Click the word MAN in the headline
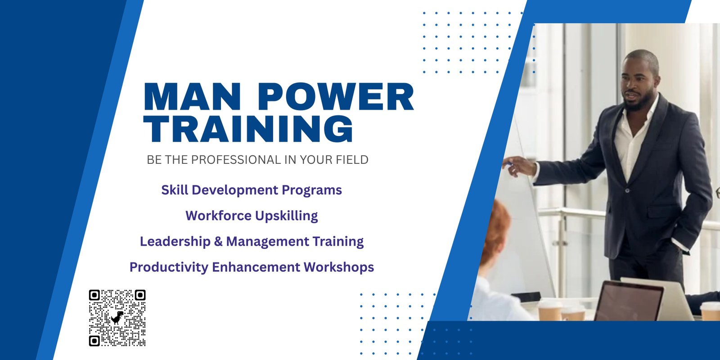coord(192,97)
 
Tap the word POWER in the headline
coord(336,97)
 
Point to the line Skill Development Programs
coord(252,190)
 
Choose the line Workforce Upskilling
coord(252,216)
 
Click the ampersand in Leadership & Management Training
coord(218,241)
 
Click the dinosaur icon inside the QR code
coord(117,317)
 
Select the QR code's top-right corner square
coord(140,295)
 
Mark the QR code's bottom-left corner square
coord(94,341)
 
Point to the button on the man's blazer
coord(627,191)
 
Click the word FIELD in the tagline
coord(352,160)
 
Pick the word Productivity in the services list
coord(169,267)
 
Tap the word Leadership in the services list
coord(175,242)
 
